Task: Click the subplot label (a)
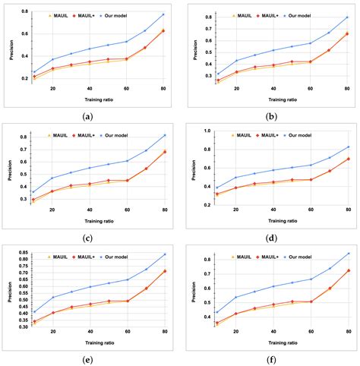click(x=87, y=117)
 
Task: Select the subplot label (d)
click(x=272, y=238)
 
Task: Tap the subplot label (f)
click(x=272, y=360)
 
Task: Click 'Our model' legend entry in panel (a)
click(x=113, y=16)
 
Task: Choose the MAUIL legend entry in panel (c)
click(x=58, y=135)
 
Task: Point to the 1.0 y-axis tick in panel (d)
click(x=207, y=131)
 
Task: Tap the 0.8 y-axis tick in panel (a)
click(x=25, y=11)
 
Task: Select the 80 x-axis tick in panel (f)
click(x=349, y=332)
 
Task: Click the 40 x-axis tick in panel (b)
click(x=273, y=89)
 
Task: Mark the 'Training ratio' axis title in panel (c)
click(x=99, y=221)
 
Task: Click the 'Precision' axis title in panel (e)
click(x=10, y=292)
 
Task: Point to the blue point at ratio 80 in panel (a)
click(x=163, y=14)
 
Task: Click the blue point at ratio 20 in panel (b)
click(x=236, y=61)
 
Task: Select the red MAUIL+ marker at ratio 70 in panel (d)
click(x=330, y=171)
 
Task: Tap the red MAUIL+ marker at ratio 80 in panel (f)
click(x=349, y=270)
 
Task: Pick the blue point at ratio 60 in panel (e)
click(x=128, y=279)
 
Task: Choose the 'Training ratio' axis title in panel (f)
click(x=283, y=343)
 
